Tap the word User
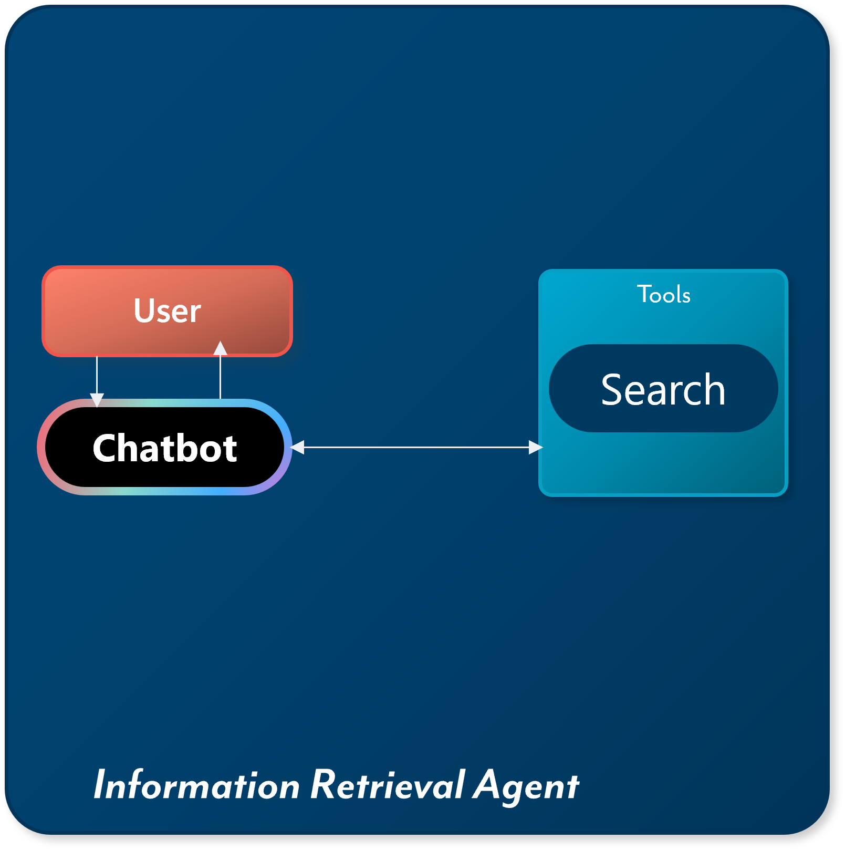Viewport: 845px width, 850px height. pos(167,310)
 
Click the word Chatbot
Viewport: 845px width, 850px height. pos(165,449)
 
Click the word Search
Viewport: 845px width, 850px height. pos(663,390)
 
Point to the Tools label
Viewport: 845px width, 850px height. pos(663,294)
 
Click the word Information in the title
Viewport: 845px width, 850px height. pos(196,785)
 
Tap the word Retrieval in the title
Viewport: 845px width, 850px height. pos(388,785)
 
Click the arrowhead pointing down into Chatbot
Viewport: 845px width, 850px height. pos(97,400)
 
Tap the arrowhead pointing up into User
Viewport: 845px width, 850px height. pos(221,348)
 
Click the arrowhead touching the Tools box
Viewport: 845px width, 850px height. pos(535,447)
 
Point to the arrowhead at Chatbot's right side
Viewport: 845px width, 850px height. pos(298,447)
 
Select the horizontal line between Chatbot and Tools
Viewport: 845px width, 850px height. pos(415,447)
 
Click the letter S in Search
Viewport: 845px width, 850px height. pos(613,390)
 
